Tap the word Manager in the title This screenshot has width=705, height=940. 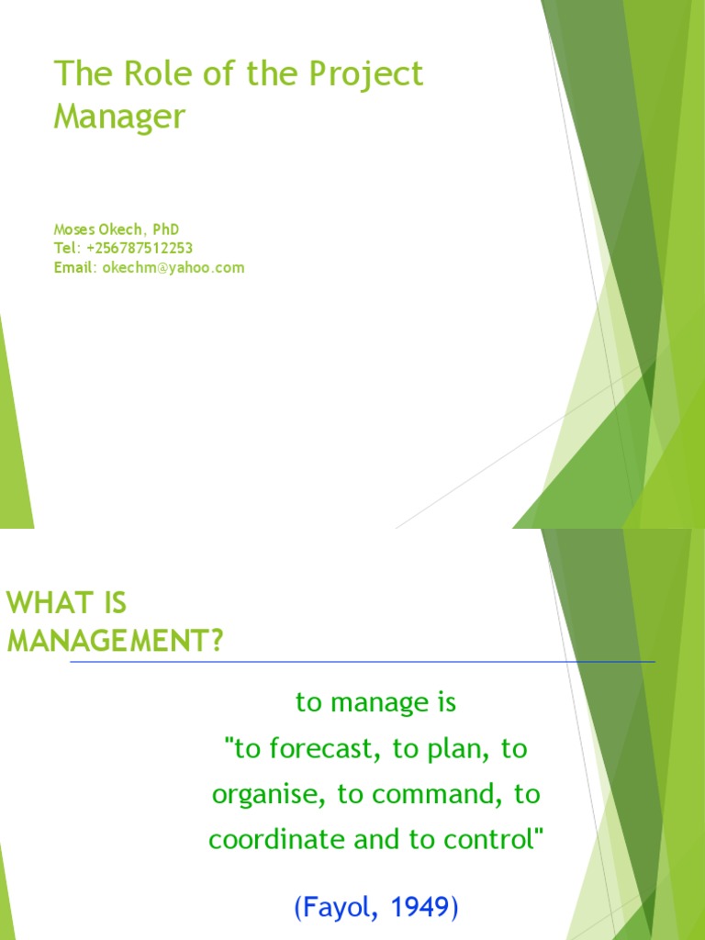point(119,117)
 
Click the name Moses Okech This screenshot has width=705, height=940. point(90,229)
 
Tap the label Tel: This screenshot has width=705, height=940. point(68,248)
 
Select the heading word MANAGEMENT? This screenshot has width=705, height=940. point(116,640)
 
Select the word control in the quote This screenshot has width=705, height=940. point(496,840)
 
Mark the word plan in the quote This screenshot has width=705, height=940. point(453,749)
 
